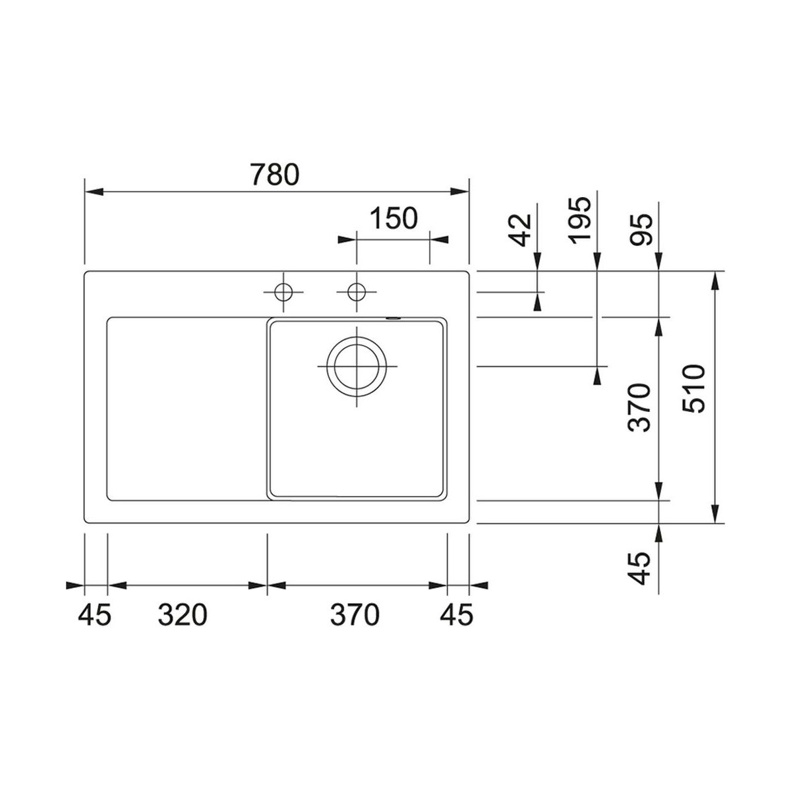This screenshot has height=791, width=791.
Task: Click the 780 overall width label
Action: [275, 174]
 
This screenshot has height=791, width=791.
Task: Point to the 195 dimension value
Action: [581, 220]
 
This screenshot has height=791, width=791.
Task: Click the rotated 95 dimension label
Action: [641, 230]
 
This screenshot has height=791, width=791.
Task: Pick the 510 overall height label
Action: [693, 388]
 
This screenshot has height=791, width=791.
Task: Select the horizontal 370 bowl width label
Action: [355, 615]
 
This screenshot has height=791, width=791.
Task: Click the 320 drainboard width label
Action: [183, 615]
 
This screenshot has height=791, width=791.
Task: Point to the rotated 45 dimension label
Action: [640, 568]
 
